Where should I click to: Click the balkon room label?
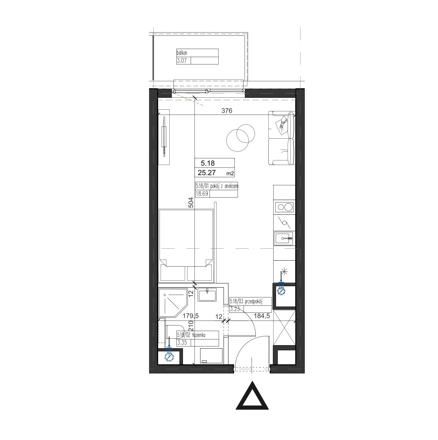tap(182, 53)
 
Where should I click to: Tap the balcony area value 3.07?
tap(182, 61)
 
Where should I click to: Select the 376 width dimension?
tap(227, 110)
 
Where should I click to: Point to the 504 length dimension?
tap(191, 202)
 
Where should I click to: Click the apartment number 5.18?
tap(207, 163)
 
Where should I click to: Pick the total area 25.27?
tap(207, 173)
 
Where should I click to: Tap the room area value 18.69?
tap(202, 194)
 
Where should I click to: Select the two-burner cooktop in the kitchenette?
tap(284, 207)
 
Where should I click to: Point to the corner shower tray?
tap(173, 303)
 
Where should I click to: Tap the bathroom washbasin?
tap(207, 295)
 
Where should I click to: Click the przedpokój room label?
tap(254, 301)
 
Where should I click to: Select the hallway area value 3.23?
tap(235, 309)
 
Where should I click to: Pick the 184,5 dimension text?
tap(262, 316)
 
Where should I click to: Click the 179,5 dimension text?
tap(191, 316)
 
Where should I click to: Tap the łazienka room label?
tap(199, 335)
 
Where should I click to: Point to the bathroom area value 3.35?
tap(182, 343)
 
